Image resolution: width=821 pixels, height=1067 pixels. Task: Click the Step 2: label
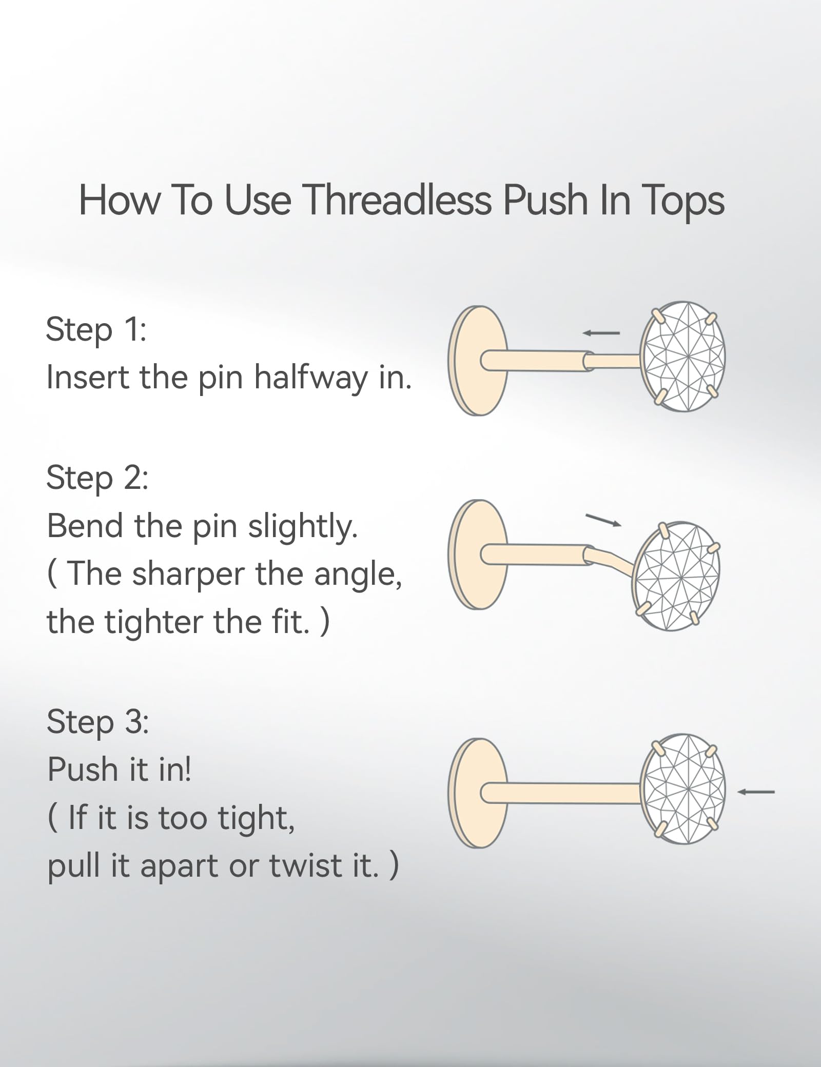pos(97,478)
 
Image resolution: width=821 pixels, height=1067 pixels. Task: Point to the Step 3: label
pos(97,721)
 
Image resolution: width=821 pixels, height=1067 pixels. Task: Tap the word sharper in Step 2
pos(188,575)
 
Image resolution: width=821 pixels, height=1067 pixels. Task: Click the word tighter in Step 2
pos(153,622)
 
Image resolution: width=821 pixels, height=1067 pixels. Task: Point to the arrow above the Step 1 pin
pos(601,333)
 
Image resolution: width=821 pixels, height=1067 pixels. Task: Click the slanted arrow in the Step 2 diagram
pos(603,520)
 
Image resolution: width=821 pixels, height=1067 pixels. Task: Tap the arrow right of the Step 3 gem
pos(756,792)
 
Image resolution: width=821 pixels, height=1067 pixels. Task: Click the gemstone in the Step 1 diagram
pos(683,356)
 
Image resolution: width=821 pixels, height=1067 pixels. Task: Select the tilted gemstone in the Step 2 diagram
pos(676,577)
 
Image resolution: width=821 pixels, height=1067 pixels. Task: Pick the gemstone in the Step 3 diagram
pos(683,789)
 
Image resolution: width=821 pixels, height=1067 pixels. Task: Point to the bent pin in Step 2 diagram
pos(611,560)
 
